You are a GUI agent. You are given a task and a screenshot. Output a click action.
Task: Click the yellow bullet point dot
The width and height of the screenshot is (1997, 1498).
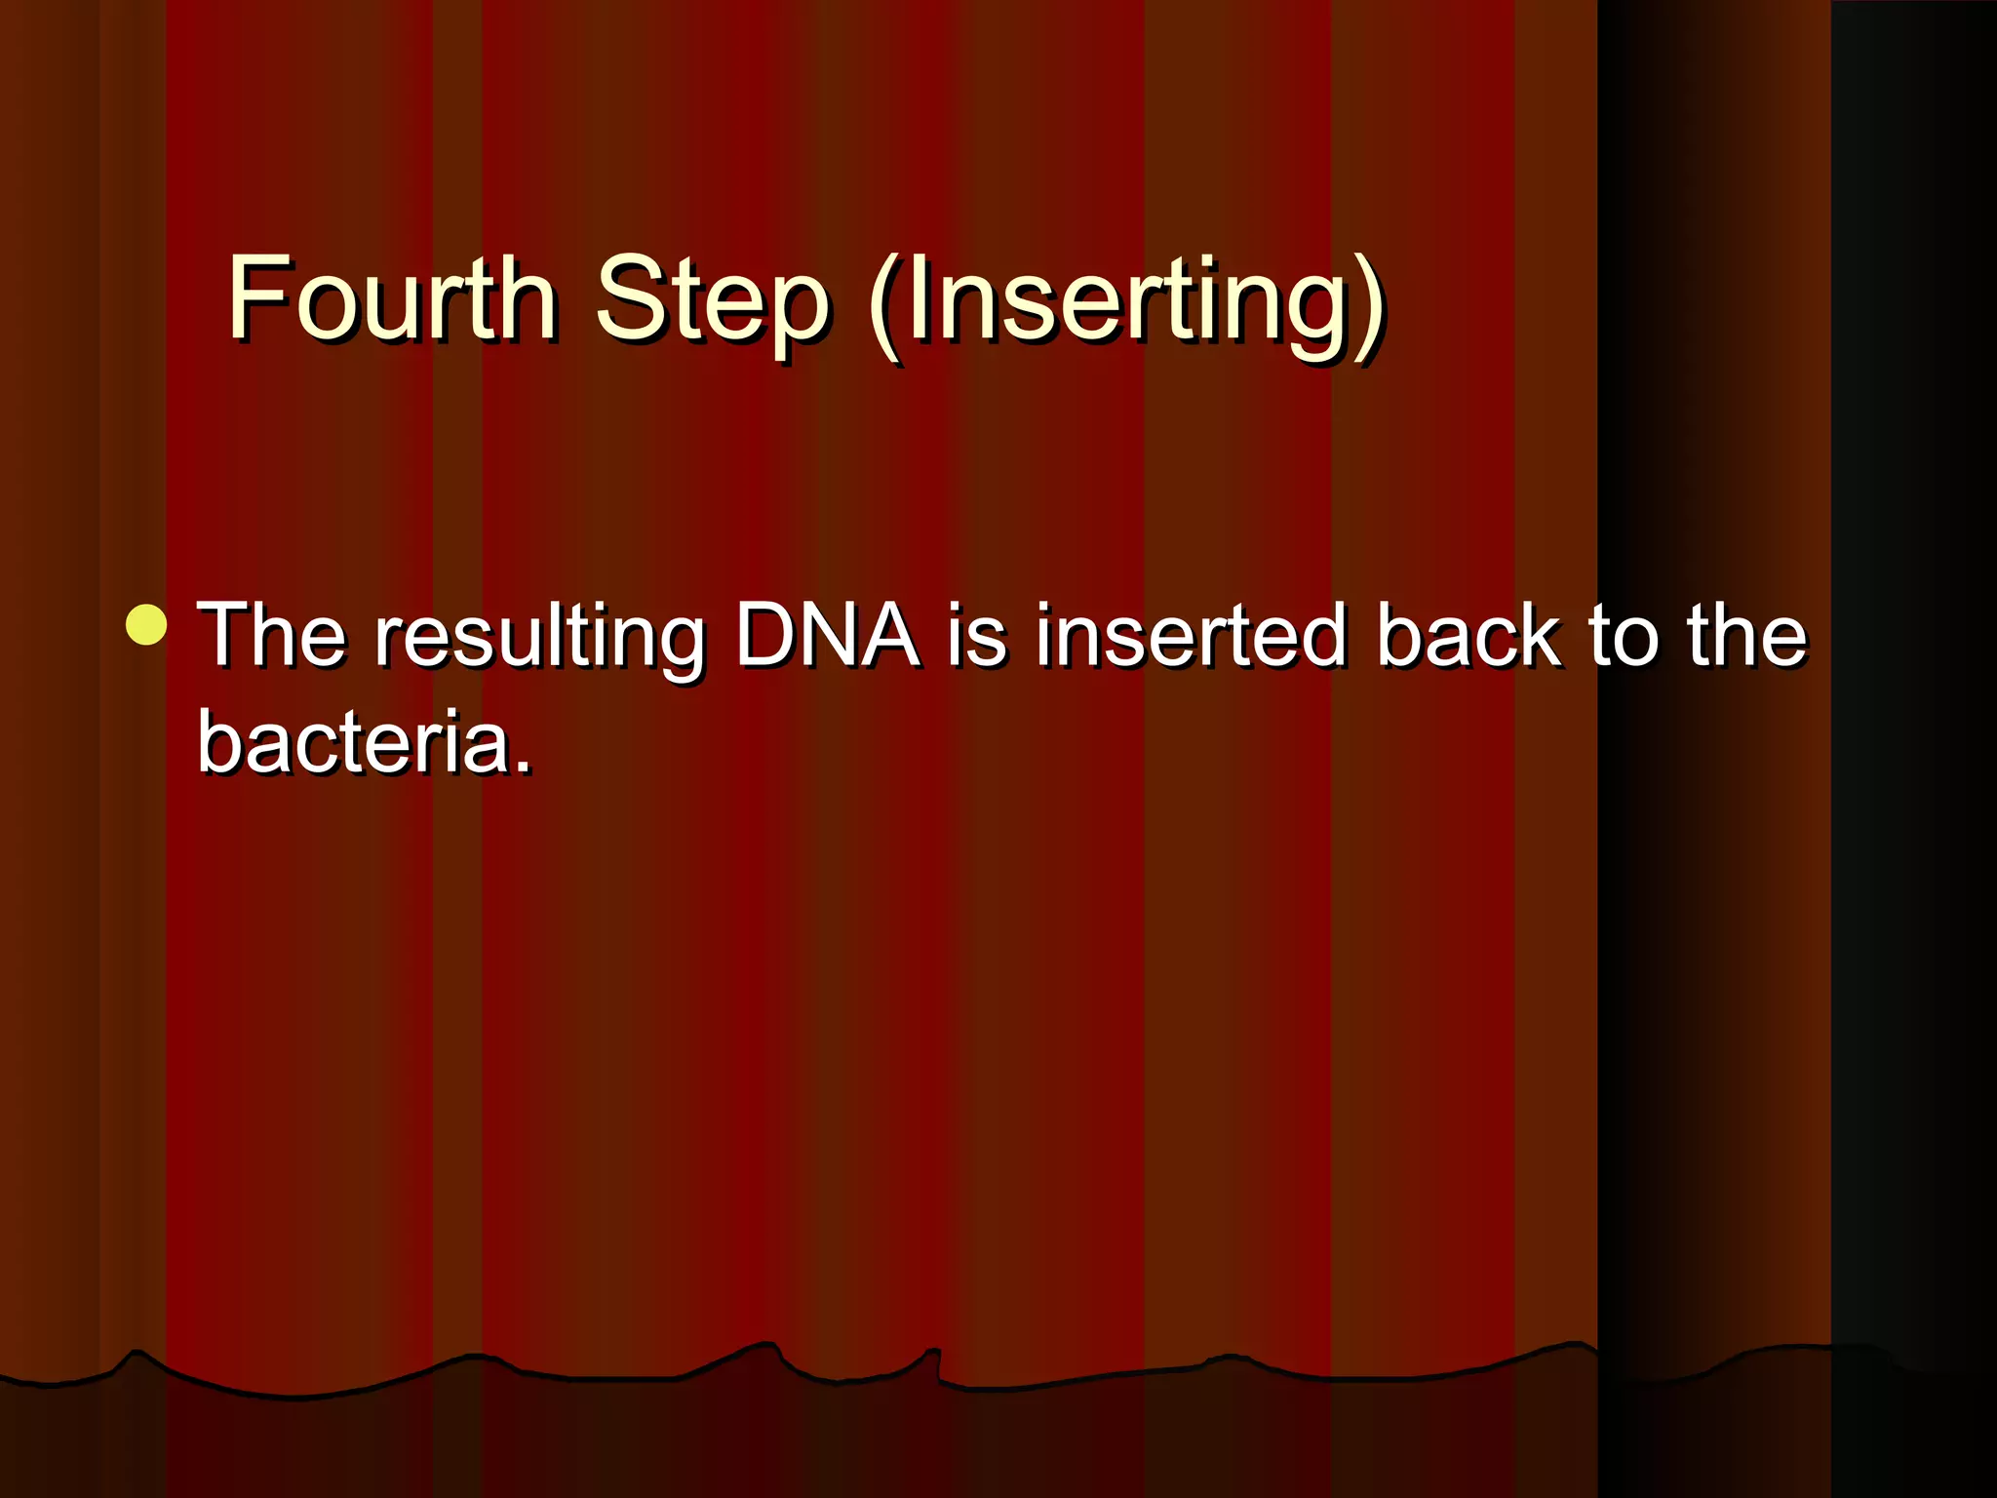(146, 625)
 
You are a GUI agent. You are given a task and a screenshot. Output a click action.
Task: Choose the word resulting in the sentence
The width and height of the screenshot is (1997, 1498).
(540, 639)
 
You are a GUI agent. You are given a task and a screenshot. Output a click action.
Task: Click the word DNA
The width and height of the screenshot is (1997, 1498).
(827, 635)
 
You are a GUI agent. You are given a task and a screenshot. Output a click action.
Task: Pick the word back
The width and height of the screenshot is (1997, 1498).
(1468, 635)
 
